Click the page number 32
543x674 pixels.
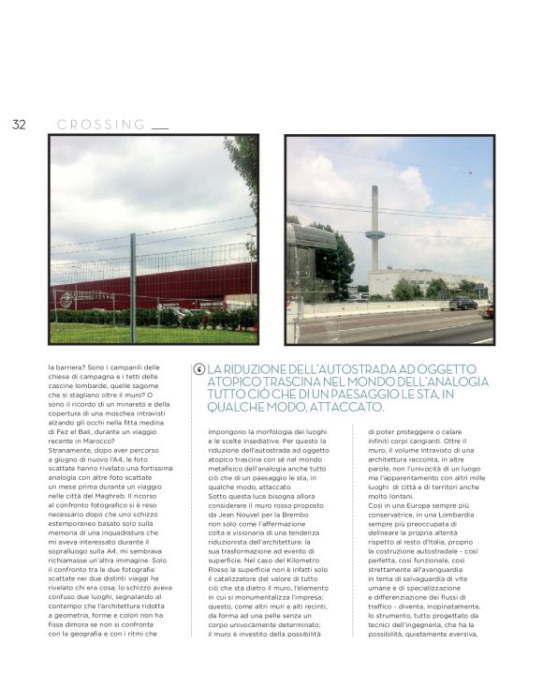point(19,125)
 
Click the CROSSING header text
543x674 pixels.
point(101,125)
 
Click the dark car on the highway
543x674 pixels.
point(463,303)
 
